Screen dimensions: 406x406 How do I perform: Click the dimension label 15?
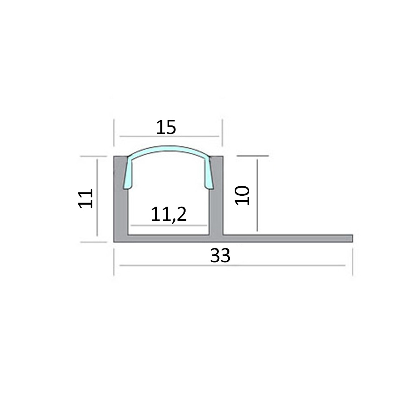click(166, 127)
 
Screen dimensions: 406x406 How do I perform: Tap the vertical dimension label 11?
click(86, 198)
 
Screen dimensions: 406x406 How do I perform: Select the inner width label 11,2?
click(168, 214)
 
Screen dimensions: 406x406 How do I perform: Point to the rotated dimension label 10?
click(242, 195)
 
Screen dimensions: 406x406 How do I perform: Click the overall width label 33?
click(220, 256)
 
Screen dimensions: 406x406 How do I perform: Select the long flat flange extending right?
click(288, 238)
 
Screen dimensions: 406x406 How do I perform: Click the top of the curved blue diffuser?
click(168, 149)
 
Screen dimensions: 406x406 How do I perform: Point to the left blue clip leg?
click(128, 175)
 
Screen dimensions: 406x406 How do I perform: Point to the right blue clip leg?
click(208, 175)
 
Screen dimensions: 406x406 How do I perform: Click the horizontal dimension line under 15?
click(166, 136)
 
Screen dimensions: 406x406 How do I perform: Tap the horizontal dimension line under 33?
click(231, 266)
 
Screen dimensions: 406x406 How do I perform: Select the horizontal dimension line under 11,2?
click(168, 225)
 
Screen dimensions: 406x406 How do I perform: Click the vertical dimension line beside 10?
click(257, 195)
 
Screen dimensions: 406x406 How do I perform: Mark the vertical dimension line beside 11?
click(97, 198)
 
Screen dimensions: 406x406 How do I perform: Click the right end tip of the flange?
click(351, 238)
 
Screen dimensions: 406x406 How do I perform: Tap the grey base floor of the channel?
click(168, 239)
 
